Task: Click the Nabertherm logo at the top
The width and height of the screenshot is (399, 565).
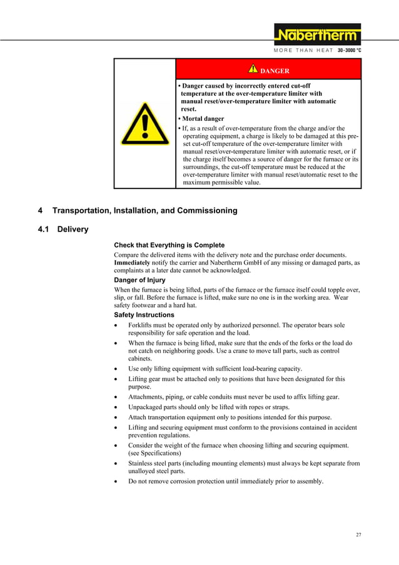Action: click(x=317, y=34)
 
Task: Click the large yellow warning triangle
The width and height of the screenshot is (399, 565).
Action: click(x=144, y=125)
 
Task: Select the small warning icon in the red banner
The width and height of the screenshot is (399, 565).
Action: click(x=253, y=69)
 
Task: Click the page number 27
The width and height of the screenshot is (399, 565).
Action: click(x=358, y=534)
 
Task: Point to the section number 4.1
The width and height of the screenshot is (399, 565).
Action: click(x=44, y=230)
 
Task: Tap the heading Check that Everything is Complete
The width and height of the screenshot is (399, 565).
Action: click(x=169, y=245)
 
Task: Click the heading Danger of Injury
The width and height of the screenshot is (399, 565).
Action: click(x=139, y=280)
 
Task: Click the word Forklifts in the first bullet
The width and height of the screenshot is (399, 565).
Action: click(x=143, y=325)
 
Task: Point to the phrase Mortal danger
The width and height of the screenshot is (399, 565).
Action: click(x=203, y=118)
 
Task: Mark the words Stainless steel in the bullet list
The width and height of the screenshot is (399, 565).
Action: click(x=150, y=464)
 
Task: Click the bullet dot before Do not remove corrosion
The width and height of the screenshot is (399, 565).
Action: click(x=116, y=482)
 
